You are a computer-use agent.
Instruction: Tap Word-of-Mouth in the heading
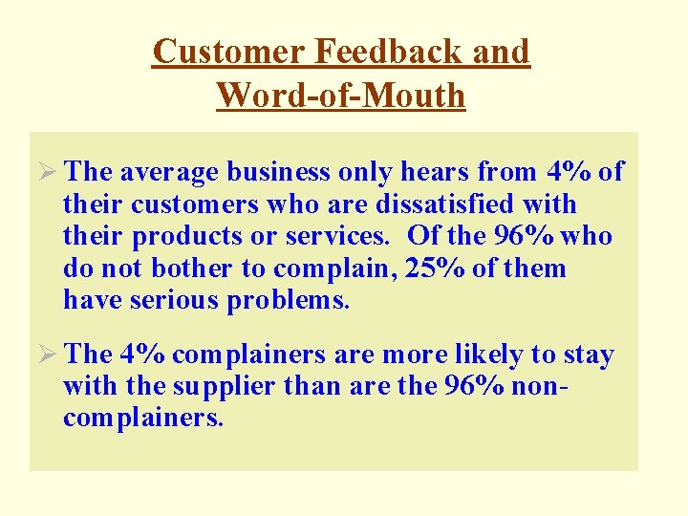(x=341, y=95)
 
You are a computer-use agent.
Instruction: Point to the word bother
(x=182, y=269)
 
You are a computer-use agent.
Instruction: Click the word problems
(x=289, y=301)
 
